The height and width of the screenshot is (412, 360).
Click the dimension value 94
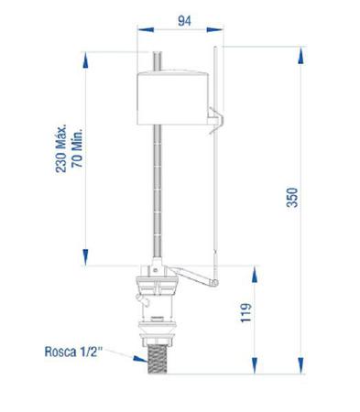[184, 21]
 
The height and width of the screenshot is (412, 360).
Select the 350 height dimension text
[292, 198]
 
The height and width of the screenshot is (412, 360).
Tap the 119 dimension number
[245, 312]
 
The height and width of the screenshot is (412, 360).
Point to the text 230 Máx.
[61, 148]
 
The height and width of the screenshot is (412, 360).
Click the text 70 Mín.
[77, 148]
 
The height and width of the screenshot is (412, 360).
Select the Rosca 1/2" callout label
[72, 352]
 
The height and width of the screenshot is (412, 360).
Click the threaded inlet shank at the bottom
[158, 359]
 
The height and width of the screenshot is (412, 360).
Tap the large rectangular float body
[173, 98]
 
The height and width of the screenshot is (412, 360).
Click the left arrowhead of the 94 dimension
[146, 29]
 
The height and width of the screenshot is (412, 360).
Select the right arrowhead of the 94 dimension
[215, 29]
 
